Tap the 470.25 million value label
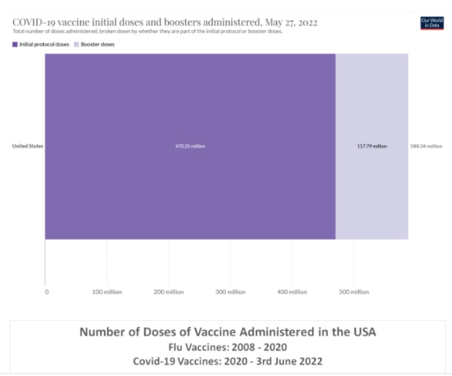coord(190,146)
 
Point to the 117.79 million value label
coord(371,146)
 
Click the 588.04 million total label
coord(426,146)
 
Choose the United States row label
coord(27,146)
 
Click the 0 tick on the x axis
coord(47,291)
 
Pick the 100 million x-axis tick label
coord(107,291)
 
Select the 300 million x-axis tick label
coord(230,291)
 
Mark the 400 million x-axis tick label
coord(291,291)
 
